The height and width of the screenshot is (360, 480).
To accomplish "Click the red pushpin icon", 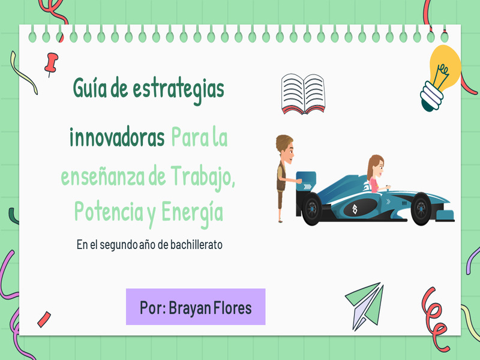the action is point(51,64).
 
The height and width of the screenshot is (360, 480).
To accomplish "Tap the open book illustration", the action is point(303,94).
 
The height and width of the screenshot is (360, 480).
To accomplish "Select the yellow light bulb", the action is point(440,78).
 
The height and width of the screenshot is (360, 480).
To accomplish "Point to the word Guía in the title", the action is point(89,88).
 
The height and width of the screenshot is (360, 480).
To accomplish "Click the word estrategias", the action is point(178,89).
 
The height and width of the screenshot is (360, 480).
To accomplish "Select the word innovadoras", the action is point(117,137).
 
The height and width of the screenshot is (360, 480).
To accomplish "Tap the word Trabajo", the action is point(203,177).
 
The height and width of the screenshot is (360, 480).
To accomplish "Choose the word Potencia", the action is point(109,211).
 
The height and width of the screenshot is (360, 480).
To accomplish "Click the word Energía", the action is point(192,213).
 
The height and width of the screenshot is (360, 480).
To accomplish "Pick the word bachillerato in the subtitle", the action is point(196,245).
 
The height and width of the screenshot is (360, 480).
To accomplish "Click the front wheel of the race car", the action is point(421,209).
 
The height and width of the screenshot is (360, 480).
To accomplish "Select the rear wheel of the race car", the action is point(311,209).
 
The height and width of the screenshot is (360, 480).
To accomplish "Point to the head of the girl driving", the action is point(376,167).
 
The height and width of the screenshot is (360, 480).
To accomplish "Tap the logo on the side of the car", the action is point(355,209).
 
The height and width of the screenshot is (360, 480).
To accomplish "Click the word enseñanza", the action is point(103,178).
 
